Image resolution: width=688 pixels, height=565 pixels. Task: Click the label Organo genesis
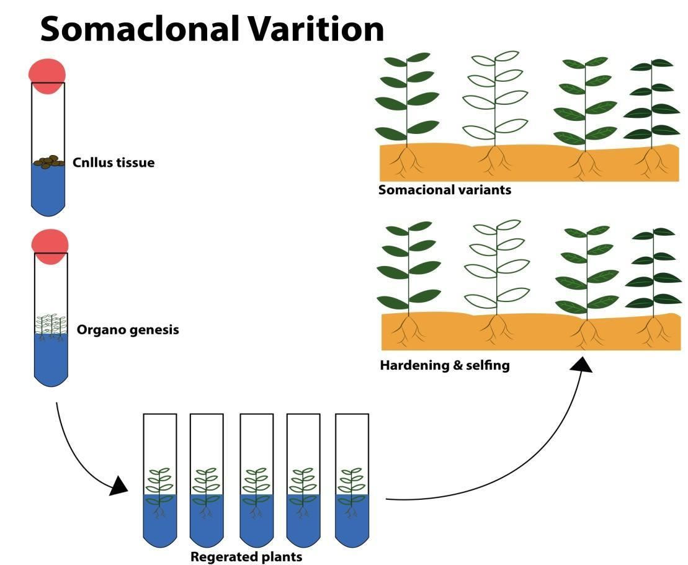pyautogui.click(x=128, y=330)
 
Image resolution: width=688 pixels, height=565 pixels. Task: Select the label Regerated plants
pyautogui.click(x=246, y=557)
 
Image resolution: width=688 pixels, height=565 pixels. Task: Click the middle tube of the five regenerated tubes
pyautogui.click(x=256, y=481)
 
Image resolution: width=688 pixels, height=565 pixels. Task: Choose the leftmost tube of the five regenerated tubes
pyautogui.click(x=160, y=481)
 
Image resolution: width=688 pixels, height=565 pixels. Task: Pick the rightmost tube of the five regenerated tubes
pyautogui.click(x=352, y=481)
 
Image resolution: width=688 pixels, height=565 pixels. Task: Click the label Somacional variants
pyautogui.click(x=445, y=190)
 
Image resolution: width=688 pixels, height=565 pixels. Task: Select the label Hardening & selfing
pyautogui.click(x=445, y=365)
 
